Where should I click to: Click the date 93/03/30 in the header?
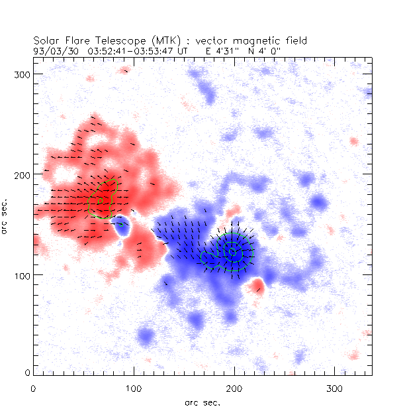click(x=53, y=50)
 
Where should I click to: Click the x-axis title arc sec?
click(x=202, y=402)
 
